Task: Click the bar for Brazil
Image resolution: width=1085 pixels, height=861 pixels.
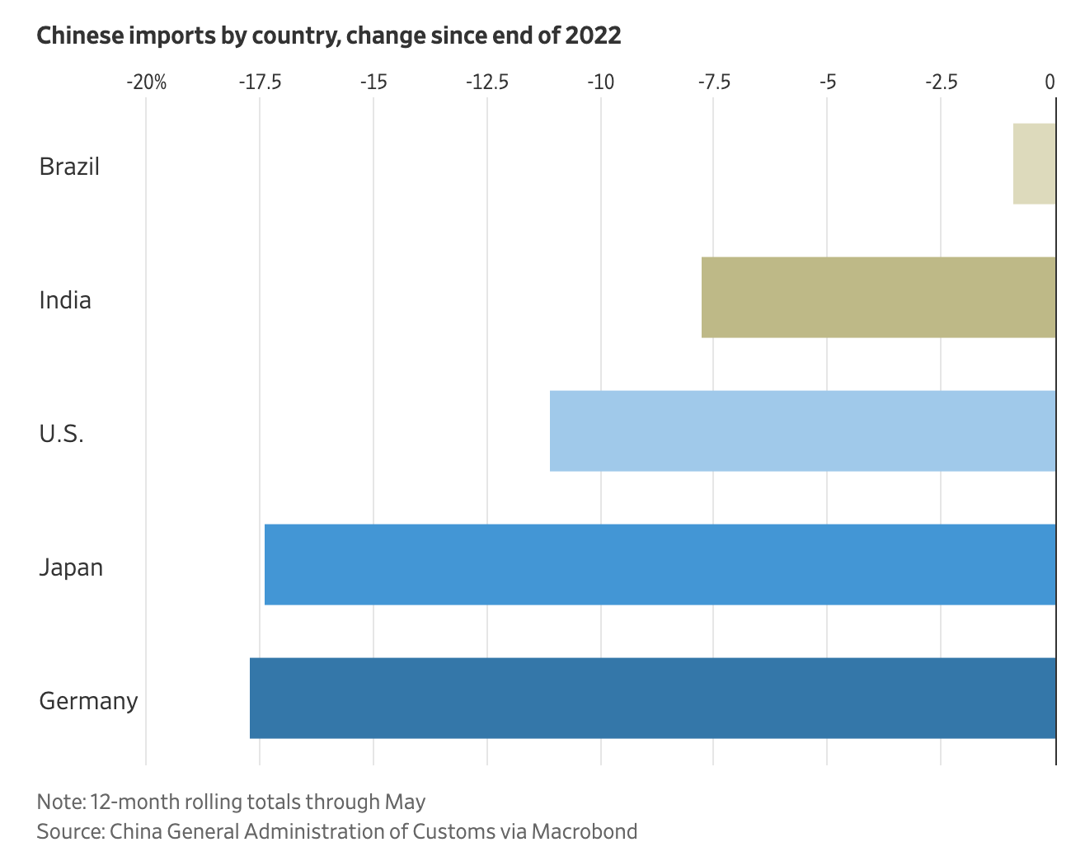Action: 1034,163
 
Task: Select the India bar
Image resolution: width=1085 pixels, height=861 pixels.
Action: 878,297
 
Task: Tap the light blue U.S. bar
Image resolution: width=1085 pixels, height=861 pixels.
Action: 802,430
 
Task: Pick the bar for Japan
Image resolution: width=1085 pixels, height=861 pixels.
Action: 660,564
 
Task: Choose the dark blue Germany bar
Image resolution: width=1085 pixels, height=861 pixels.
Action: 652,698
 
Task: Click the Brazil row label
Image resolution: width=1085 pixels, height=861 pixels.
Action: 69,167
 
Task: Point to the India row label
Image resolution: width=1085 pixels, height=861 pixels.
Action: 65,300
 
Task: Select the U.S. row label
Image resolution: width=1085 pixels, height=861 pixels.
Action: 61,434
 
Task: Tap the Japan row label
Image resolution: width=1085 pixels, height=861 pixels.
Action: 71,567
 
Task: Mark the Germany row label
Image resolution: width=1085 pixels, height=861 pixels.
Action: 88,701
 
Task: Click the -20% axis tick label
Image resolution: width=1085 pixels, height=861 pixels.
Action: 146,82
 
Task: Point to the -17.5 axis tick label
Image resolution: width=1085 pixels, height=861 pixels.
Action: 260,82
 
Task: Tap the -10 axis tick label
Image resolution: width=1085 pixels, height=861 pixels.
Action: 600,82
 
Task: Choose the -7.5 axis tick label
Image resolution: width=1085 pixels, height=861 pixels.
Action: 713,82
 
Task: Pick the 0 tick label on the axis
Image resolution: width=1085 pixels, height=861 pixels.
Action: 1050,82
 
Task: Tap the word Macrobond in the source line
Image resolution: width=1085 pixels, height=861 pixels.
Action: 584,831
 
